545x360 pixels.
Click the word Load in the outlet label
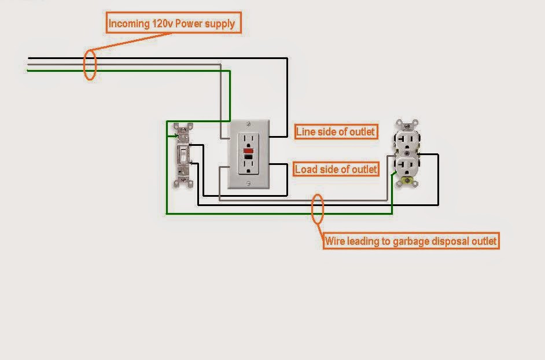pyautogui.click(x=307, y=170)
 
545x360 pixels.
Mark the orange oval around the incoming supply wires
pyautogui.click(x=90, y=65)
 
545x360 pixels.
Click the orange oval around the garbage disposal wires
pyautogui.click(x=317, y=208)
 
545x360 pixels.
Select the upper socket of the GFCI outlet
pyautogui.click(x=249, y=141)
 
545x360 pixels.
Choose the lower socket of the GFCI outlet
pyautogui.click(x=249, y=167)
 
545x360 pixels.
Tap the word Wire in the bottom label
pyautogui.click(x=335, y=241)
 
